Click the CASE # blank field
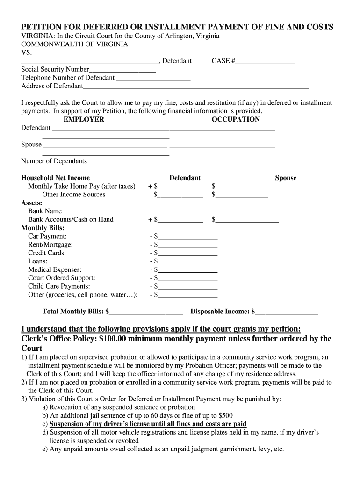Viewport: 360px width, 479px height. pos(265,61)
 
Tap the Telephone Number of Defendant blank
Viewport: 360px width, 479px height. pos(153,78)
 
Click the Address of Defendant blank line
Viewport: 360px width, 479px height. pos(196,87)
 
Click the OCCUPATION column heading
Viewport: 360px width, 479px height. pos(236,119)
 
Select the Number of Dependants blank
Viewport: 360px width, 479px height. pos(118,161)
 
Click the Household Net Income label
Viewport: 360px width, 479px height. pos(55,178)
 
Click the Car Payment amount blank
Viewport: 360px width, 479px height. pos(187,237)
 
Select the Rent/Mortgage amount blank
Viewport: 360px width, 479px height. pos(187,245)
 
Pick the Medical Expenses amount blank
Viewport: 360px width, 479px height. pos(187,270)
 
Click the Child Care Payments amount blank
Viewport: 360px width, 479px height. pos(187,287)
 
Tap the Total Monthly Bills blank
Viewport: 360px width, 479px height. pos(146,312)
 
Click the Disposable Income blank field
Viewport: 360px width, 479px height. pos(287,312)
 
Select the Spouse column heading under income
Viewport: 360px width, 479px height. pos(286,178)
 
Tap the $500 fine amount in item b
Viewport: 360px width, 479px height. pos(223,415)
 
